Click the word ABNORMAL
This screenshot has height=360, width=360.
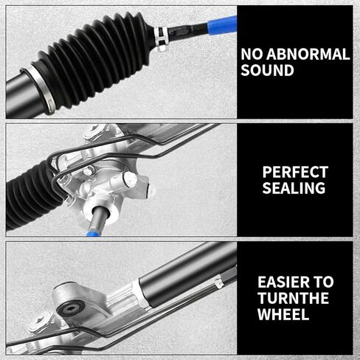[x=308, y=54]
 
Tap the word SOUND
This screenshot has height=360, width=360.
[x=267, y=70]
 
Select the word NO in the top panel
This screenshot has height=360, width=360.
[x=252, y=54]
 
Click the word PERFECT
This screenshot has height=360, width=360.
[x=295, y=172]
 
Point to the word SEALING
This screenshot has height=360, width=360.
[x=294, y=188]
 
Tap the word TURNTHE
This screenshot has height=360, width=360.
[x=293, y=298]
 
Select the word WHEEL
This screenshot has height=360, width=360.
[x=283, y=314]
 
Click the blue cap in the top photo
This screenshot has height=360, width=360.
[x=222, y=25]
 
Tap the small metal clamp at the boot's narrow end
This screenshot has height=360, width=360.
[x=162, y=38]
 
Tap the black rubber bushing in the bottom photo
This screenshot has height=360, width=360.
[x=71, y=307]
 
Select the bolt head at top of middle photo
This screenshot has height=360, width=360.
[x=94, y=131]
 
